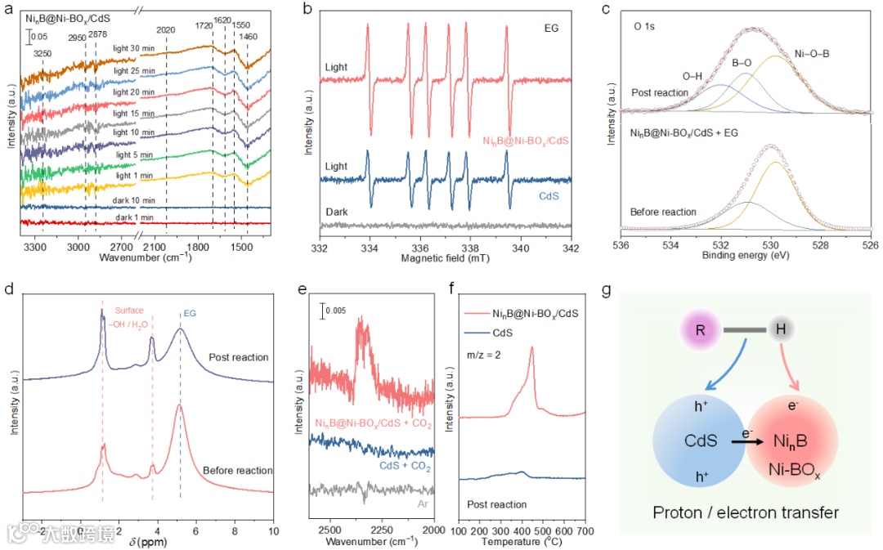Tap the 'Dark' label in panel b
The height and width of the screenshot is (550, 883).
tap(336, 211)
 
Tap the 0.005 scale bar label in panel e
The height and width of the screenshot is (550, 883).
tap(332, 311)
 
